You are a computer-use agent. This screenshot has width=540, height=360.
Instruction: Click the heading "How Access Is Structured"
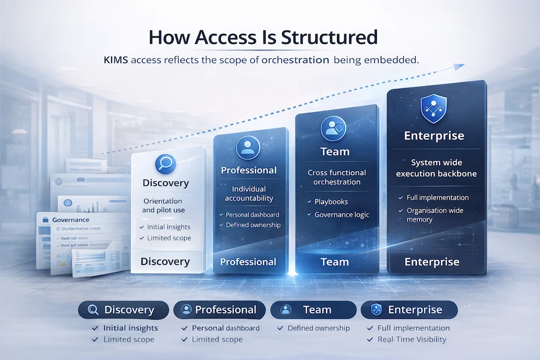262,37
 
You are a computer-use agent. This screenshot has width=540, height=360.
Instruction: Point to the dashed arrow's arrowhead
459,66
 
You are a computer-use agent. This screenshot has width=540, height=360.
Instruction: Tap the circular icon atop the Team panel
333,128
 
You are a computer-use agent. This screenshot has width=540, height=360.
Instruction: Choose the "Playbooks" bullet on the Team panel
331,201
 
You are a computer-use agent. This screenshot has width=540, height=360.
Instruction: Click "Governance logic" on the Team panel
342,214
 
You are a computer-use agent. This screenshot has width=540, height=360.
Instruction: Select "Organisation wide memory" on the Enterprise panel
434,215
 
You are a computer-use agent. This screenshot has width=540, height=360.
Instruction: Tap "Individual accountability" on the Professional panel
249,194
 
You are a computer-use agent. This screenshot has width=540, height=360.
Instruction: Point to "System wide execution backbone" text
436,168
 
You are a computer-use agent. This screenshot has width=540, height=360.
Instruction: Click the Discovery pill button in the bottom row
123,310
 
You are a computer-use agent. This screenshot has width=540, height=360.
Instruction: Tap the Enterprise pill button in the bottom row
409,310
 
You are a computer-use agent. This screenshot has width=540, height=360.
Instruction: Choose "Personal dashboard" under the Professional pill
226,328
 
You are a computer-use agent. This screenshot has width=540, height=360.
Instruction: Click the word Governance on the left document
71,220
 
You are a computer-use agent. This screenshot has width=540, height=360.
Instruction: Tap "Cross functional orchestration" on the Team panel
336,177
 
